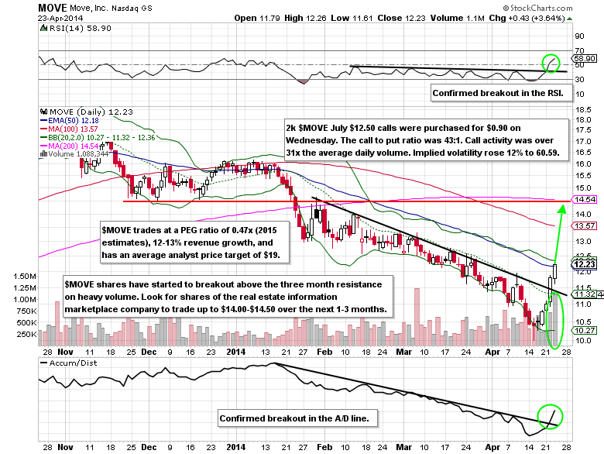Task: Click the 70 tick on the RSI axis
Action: [578, 50]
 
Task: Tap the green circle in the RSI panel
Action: [551, 60]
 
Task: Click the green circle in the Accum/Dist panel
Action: [551, 415]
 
